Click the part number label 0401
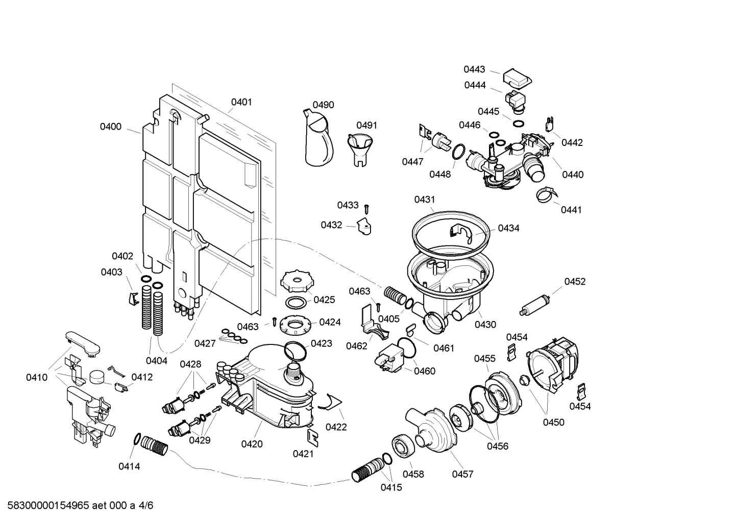click(241, 102)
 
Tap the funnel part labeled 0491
click(360, 148)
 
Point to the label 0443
click(474, 69)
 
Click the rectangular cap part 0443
click(518, 78)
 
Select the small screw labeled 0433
click(366, 208)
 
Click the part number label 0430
click(485, 325)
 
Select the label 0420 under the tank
click(252, 444)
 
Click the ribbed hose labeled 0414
click(155, 444)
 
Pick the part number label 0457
click(462, 474)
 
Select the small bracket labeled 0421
click(312, 436)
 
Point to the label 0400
click(111, 127)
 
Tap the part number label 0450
click(553, 422)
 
